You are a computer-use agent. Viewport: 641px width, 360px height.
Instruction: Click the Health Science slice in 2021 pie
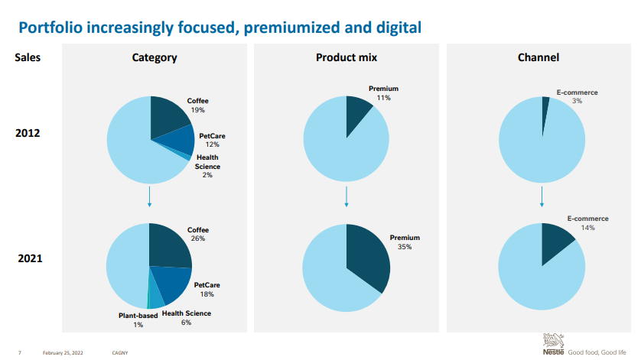point(156,294)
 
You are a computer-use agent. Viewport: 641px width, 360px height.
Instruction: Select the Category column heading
point(155,57)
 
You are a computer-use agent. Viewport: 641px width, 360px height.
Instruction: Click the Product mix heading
point(347,57)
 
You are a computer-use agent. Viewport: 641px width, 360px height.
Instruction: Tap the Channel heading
point(539,57)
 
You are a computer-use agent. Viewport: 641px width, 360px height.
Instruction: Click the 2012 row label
point(28,133)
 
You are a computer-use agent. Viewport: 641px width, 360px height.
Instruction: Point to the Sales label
point(28,57)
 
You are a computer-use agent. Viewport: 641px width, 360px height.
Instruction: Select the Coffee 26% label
point(198,234)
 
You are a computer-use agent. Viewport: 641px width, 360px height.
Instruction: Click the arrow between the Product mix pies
point(347,196)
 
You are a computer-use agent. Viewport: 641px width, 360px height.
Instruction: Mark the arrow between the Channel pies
point(542,196)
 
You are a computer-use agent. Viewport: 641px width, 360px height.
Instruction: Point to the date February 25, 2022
point(63,352)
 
